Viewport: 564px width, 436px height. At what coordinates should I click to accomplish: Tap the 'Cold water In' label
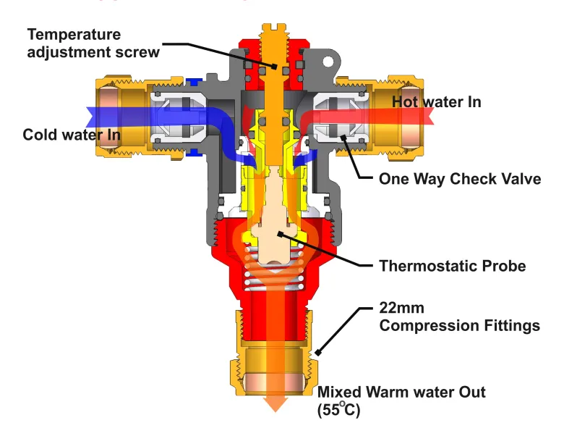pyautogui.click(x=71, y=135)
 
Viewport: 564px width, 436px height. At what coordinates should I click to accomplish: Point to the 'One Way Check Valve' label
pyautogui.click(x=459, y=179)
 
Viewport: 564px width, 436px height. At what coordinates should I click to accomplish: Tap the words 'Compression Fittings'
pyautogui.click(x=459, y=326)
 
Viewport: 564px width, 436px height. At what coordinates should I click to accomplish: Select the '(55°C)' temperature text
pyautogui.click(x=338, y=410)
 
